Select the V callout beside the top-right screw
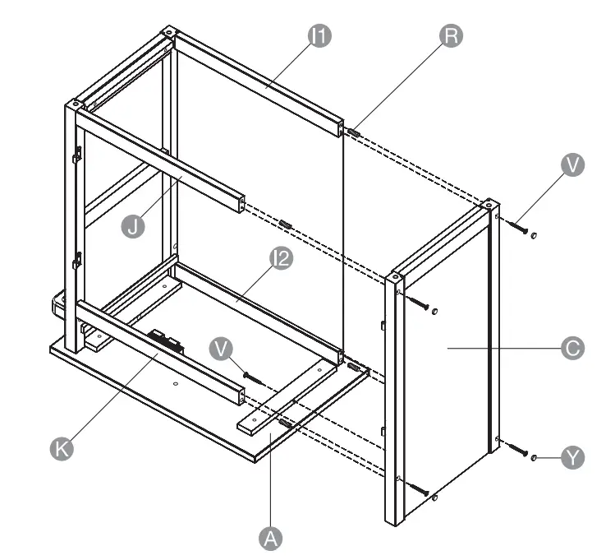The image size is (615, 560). (572, 164)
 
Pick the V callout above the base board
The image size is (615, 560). (221, 349)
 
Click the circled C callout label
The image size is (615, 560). (572, 348)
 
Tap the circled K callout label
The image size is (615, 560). (59, 448)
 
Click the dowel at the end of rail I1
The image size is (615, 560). (354, 132)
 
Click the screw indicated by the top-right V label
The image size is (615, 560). (520, 226)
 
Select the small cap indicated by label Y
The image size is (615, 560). (535, 456)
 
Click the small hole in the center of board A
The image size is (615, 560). (176, 384)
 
